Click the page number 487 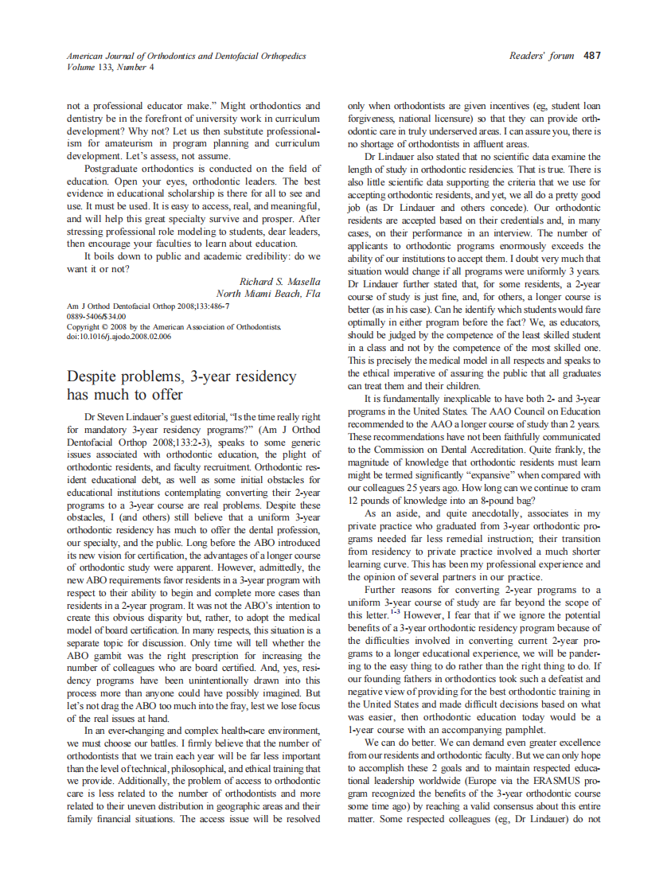pos(591,56)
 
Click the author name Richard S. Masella pos(280,281)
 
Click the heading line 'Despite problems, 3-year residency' pos(181,376)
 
